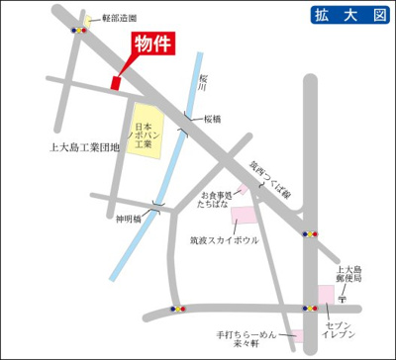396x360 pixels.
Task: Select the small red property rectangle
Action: point(117,83)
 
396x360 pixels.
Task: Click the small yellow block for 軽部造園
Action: point(88,19)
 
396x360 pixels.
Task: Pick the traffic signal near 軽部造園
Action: point(78,31)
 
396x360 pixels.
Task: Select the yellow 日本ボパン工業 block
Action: point(146,129)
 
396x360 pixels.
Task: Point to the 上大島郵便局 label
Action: point(351,275)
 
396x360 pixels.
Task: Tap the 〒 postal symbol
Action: point(343,295)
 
